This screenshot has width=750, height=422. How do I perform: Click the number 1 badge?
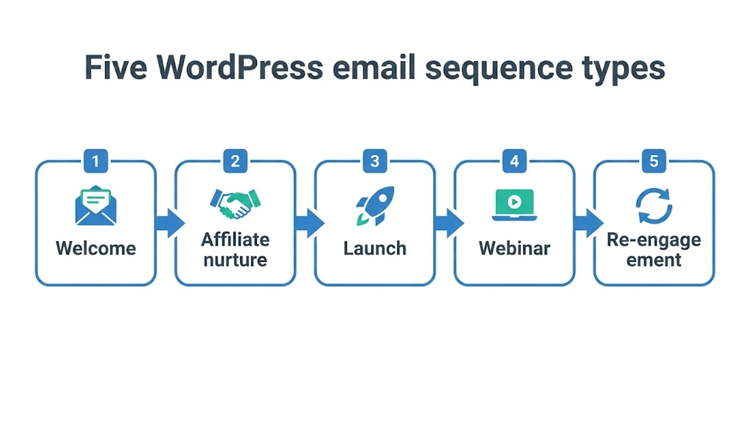point(96,161)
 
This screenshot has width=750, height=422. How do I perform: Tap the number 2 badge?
point(235,161)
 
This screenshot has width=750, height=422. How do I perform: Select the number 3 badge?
point(375,161)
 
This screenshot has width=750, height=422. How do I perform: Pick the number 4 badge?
point(515,161)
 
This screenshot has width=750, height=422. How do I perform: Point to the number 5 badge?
point(654,161)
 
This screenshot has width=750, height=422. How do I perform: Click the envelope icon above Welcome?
point(96,205)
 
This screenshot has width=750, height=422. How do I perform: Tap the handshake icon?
point(235,204)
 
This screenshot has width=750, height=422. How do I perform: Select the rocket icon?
point(375,206)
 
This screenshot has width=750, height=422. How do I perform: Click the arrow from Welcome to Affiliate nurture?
point(170,223)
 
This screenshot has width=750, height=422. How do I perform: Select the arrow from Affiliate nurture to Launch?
point(310,223)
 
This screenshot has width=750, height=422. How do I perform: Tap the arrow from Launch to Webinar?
point(450,223)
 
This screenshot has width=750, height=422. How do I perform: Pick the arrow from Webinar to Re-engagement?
point(589,223)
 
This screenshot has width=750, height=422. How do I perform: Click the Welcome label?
point(96,248)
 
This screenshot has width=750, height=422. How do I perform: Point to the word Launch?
point(375,248)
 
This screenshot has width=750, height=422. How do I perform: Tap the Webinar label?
point(515,248)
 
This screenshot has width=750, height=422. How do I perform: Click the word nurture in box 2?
point(235,260)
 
